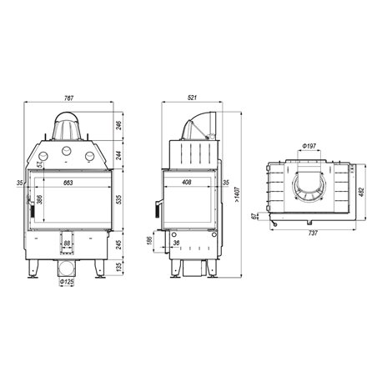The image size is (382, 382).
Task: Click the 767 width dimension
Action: [x=68, y=98]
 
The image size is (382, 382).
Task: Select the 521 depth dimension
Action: [x=193, y=98]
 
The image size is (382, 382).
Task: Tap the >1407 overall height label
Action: [x=237, y=194]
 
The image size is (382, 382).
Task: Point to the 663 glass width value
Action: [x=68, y=183]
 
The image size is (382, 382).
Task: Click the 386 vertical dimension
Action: [x=39, y=199]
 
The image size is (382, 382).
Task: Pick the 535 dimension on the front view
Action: [x=119, y=199]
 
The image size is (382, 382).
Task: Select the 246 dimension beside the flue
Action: [x=119, y=126]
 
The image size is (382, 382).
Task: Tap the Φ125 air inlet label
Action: [x=67, y=282]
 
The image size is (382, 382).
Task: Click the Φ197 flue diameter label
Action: [x=309, y=146]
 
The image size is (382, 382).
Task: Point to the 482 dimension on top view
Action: [x=362, y=192]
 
